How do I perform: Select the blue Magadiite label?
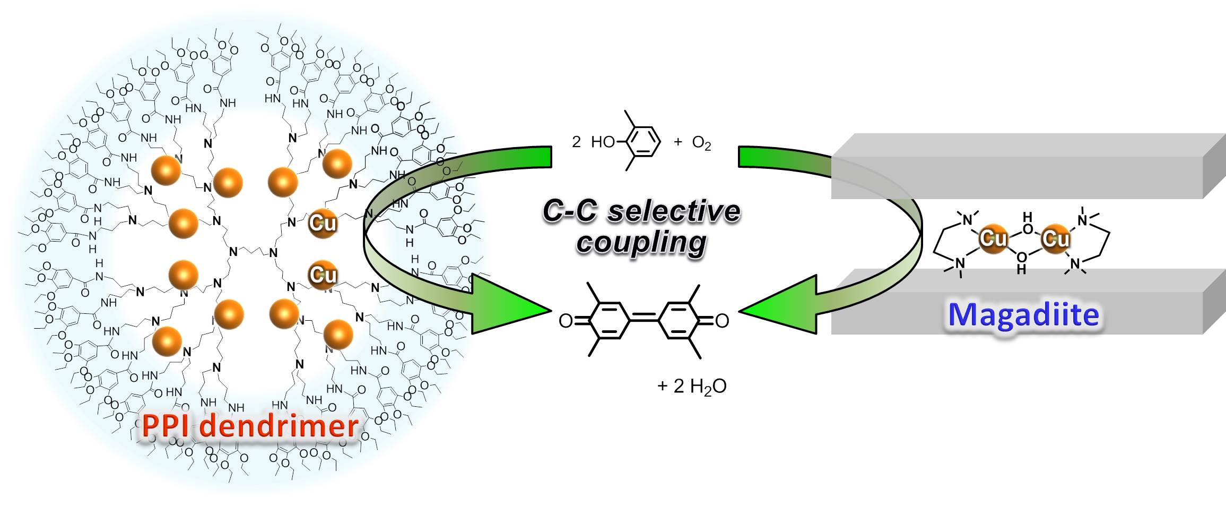1023,315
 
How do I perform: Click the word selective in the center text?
674,211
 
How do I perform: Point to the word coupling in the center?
641,243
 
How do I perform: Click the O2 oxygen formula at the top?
701,143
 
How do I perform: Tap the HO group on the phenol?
603,142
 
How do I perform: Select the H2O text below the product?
700,387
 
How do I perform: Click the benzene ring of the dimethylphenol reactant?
642,142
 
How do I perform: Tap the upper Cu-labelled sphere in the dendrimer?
323,222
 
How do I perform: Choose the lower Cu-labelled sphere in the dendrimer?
323,275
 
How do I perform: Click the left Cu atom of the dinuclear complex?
993,238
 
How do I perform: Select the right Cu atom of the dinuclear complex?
1055,238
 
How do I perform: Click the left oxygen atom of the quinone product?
566,321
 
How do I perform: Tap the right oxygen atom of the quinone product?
722,321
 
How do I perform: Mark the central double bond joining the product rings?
644,319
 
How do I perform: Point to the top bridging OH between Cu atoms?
1028,223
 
